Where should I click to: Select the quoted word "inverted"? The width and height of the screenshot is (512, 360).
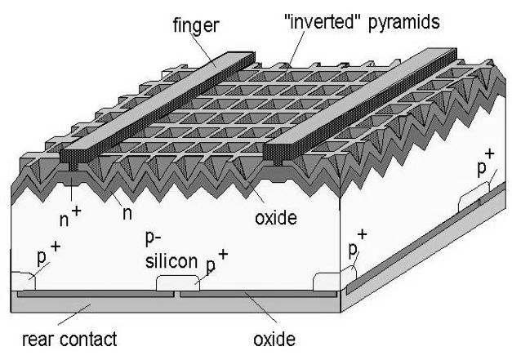(326, 22)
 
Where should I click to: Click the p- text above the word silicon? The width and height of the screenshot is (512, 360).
(163, 242)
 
